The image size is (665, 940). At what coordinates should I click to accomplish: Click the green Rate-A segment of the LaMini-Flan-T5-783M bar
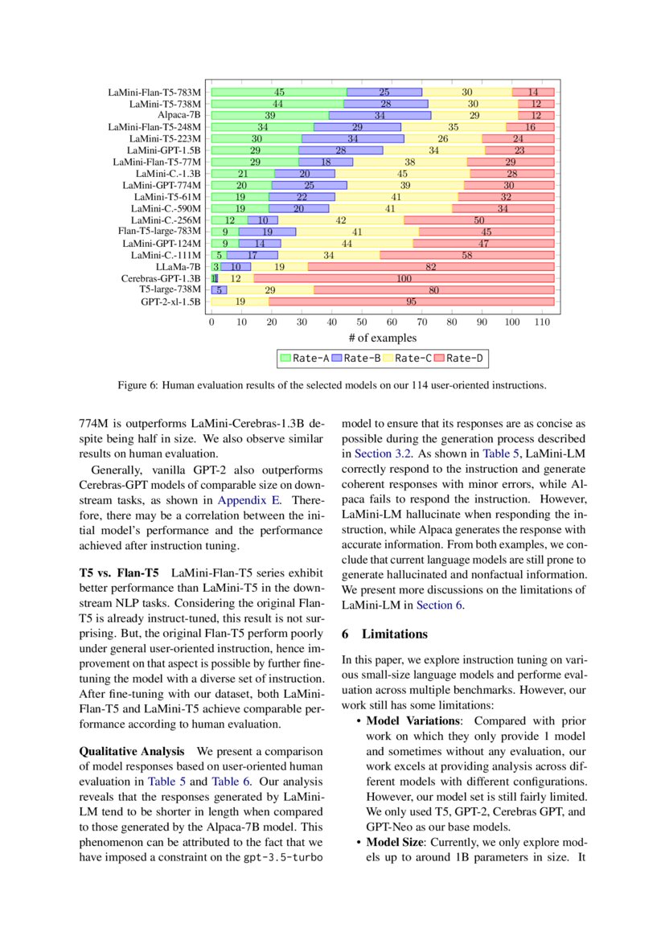278,92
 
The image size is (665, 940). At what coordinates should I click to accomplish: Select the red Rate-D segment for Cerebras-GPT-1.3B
404,278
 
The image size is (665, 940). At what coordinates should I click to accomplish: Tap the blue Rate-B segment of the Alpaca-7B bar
380,115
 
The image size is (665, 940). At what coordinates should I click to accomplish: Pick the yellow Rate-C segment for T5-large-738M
270,289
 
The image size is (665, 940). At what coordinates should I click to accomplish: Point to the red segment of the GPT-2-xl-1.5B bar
411,302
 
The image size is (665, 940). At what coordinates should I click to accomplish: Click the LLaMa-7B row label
178,266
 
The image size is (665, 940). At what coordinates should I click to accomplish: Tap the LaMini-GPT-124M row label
162,243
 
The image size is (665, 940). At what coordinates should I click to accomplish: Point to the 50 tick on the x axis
362,321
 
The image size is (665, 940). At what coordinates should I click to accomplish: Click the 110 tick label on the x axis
542,321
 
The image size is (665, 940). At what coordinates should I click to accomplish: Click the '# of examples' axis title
382,338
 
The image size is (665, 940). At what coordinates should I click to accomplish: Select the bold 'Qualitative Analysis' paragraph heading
132,750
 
